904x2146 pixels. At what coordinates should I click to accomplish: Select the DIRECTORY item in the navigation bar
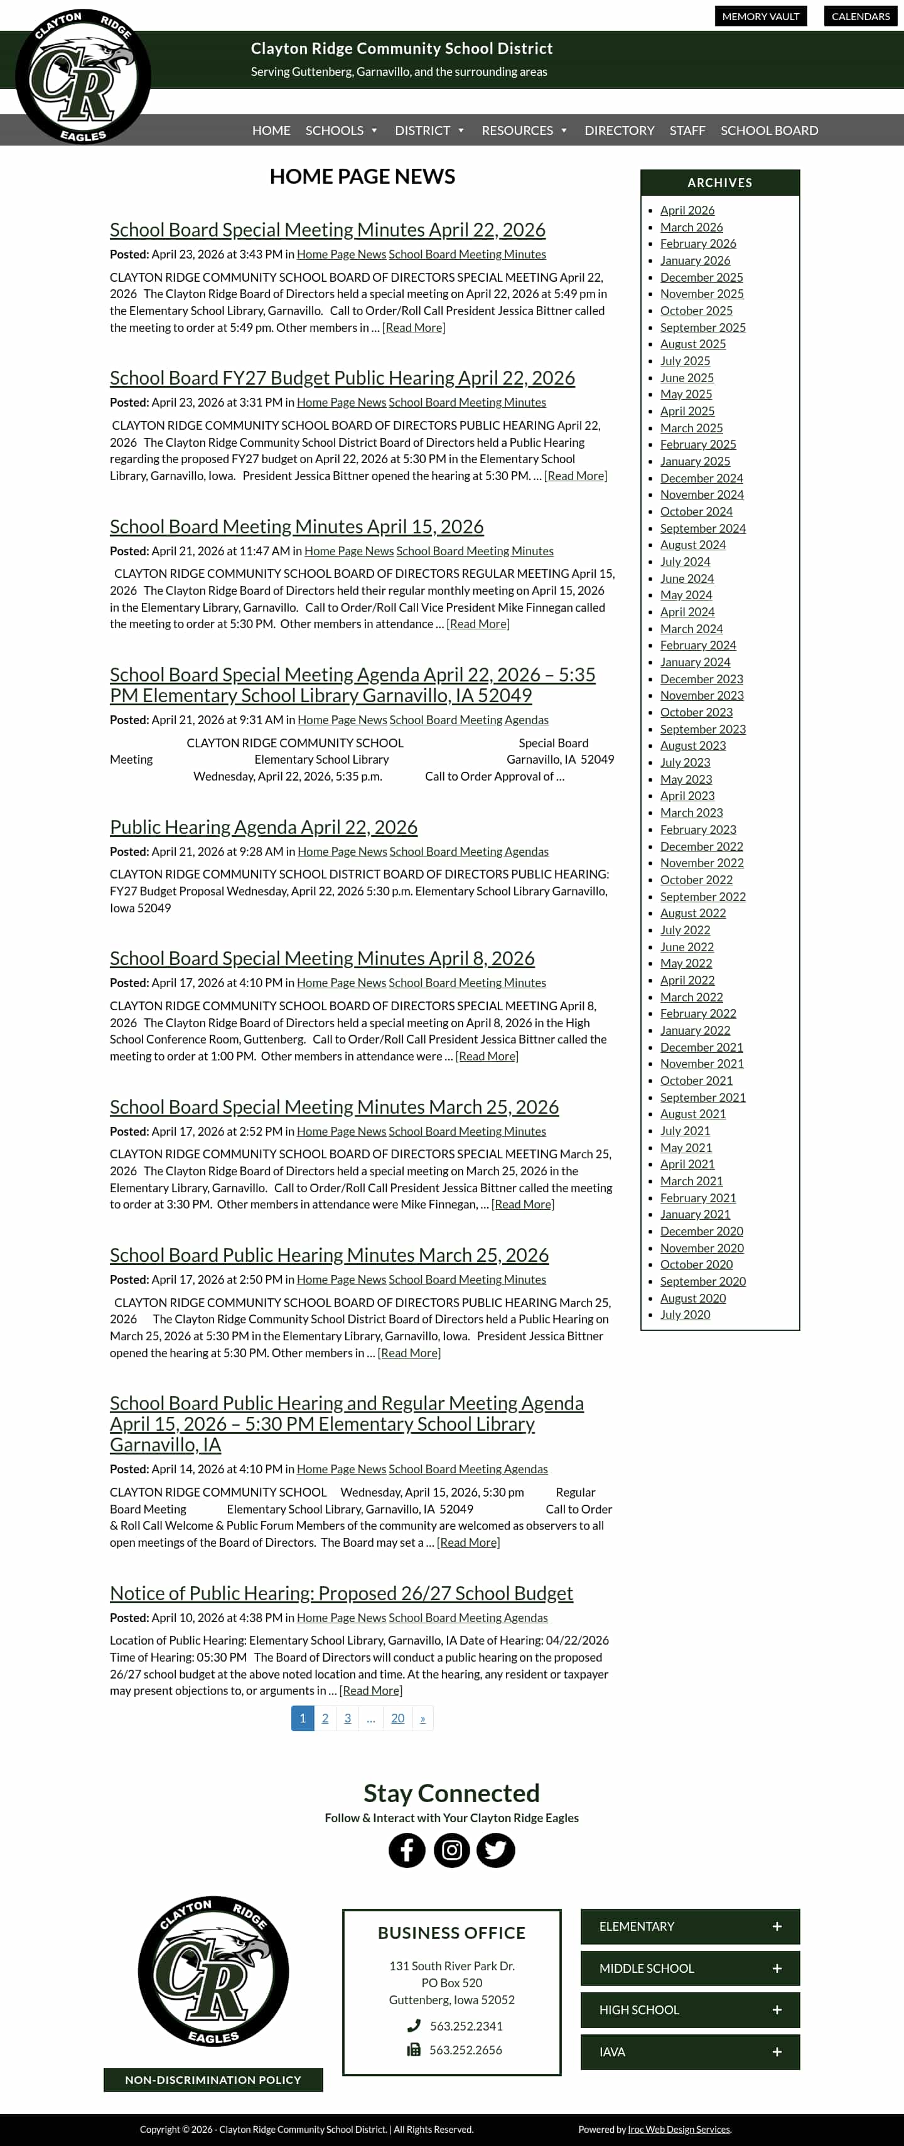[619, 131]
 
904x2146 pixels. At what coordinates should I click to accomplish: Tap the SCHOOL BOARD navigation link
[769, 131]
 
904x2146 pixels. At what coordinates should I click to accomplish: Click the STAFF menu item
[687, 131]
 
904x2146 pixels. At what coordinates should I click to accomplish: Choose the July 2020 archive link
[685, 1315]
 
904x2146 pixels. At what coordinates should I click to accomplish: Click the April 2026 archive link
[687, 210]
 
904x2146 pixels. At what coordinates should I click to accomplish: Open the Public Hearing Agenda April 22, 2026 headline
[263, 827]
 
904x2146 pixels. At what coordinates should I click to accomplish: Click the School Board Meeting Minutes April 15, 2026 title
[296, 526]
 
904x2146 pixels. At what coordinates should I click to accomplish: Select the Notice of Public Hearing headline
[341, 1593]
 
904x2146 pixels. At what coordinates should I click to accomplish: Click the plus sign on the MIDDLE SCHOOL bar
[777, 1968]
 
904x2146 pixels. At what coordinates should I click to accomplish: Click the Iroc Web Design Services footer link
[679, 2129]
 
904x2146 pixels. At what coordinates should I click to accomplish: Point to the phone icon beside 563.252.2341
[413, 2025]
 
